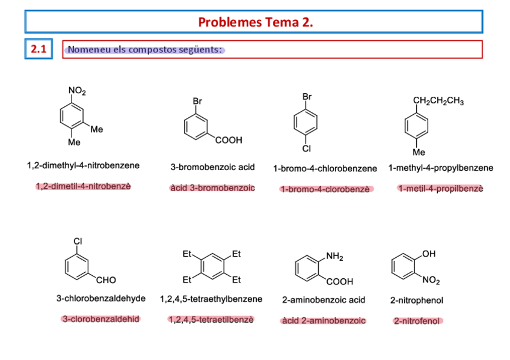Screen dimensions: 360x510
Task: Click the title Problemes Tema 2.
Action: click(x=255, y=22)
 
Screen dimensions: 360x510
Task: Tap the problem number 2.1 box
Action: click(x=39, y=49)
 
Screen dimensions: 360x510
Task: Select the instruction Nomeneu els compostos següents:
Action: click(x=146, y=49)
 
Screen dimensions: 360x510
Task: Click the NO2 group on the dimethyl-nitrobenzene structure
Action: click(x=77, y=91)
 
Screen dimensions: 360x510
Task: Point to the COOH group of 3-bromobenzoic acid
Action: click(x=228, y=140)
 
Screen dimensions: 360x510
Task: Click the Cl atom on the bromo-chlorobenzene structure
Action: click(x=307, y=148)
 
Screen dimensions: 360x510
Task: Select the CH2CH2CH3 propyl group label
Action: click(x=438, y=101)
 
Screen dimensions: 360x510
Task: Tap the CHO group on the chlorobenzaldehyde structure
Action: click(x=106, y=279)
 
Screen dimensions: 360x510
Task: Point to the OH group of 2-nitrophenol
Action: click(x=429, y=254)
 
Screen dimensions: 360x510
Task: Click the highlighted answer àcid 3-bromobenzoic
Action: click(x=212, y=188)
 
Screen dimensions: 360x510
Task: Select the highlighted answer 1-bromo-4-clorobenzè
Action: click(x=325, y=189)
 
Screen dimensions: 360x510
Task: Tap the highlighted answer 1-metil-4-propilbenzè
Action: click(x=440, y=189)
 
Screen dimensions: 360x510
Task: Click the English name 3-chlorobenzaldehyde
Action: click(x=101, y=299)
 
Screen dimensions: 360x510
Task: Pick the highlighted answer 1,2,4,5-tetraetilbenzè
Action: click(x=211, y=320)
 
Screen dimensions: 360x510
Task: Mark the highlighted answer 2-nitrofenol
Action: click(x=417, y=321)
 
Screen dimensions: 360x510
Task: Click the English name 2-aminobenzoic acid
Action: click(x=324, y=299)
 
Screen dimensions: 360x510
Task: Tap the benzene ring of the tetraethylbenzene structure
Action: click(x=211, y=267)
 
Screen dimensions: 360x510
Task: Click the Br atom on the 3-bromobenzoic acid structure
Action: click(x=197, y=102)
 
